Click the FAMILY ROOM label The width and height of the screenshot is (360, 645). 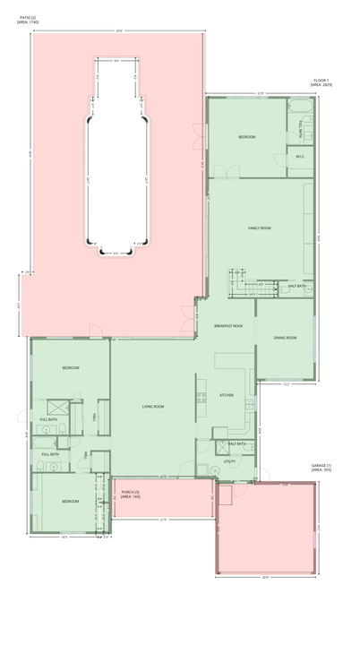(259, 228)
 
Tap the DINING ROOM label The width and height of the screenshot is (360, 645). (285, 338)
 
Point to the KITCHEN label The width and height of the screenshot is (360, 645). (227, 395)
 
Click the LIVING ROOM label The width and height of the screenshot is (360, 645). (152, 407)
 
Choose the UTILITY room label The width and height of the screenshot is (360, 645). (229, 460)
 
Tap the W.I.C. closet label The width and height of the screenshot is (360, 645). (301, 157)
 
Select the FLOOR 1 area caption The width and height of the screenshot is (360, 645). (321, 83)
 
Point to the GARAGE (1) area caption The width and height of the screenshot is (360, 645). (321, 468)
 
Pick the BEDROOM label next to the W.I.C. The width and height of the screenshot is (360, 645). (246, 137)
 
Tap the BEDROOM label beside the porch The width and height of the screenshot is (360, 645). (70, 501)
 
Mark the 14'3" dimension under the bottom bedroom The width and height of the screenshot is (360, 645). (64, 537)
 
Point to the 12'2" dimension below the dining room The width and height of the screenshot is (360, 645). (285, 384)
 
